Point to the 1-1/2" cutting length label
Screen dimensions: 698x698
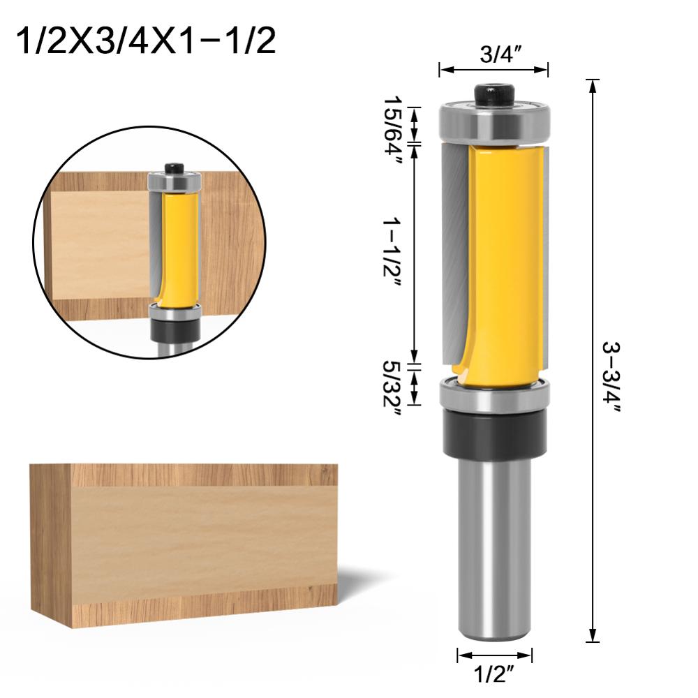[392, 257]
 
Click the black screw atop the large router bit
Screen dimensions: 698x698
[494, 95]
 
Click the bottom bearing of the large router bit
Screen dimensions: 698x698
[494, 394]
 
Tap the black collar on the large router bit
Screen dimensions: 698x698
[494, 434]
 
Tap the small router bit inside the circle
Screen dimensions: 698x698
[174, 251]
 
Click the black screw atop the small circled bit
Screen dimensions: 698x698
[174, 168]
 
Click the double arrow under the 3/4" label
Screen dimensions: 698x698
[493, 69]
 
